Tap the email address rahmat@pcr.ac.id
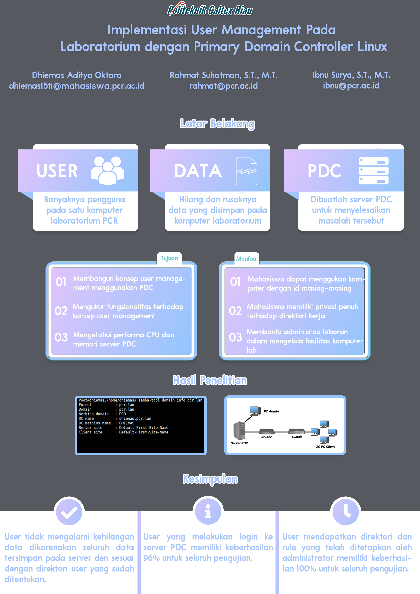pos(223,86)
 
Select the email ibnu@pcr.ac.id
pos(351,86)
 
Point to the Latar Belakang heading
pos(217,124)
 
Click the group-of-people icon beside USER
pos(107,171)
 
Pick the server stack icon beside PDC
pos(373,171)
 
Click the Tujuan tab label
pos(169,258)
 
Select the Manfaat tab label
pos(247,259)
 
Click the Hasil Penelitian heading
pos(210,380)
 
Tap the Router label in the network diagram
pos(266,437)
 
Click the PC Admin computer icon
pos(255,411)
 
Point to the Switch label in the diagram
pos(297,437)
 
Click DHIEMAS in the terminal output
pos(127,423)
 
